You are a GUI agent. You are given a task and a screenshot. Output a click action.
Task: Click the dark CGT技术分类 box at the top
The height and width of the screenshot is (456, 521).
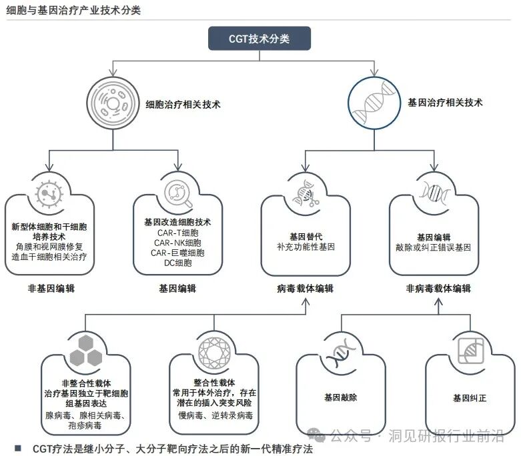point(259,39)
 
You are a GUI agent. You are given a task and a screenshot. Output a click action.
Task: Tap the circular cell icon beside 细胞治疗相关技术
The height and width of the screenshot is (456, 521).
point(112,103)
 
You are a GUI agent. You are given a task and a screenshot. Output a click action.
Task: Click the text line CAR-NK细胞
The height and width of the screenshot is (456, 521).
point(177,243)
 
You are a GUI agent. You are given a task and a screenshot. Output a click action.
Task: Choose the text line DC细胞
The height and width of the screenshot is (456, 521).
point(177,263)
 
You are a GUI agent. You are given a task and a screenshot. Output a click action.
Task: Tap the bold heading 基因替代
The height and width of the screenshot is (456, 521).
point(306,237)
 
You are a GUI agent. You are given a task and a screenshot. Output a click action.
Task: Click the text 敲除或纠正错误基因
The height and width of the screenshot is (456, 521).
point(434,247)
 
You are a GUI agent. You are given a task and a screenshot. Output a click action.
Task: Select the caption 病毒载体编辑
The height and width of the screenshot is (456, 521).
point(306,289)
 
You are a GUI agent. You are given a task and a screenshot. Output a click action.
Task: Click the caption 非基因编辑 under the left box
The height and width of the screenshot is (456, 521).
point(51,289)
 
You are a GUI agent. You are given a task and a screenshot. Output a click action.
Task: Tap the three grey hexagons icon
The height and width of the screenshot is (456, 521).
point(85,350)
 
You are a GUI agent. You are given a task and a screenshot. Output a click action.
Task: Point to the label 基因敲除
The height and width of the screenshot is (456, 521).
point(341,397)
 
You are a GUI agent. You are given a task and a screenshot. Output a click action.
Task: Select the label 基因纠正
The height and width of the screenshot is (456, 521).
point(470,398)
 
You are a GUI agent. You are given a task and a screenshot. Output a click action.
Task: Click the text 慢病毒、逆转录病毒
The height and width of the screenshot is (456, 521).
point(214,415)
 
